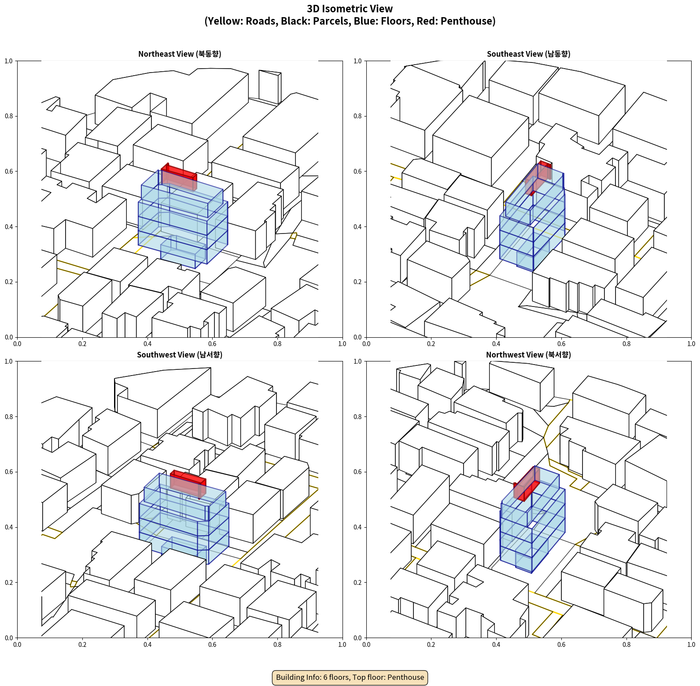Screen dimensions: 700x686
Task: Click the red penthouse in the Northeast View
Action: click(179, 176)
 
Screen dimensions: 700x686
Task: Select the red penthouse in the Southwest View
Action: click(188, 484)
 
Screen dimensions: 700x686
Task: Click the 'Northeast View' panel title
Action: click(180, 54)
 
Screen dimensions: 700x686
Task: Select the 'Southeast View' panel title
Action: click(528, 54)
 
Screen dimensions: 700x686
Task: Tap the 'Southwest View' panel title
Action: click(180, 354)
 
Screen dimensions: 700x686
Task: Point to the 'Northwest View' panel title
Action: click(528, 354)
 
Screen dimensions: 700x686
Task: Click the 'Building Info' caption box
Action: click(350, 677)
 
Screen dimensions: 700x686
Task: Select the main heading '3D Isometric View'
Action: click(350, 9)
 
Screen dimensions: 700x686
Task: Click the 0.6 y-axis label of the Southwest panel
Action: click(9, 472)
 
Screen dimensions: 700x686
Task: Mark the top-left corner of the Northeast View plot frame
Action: click(17, 61)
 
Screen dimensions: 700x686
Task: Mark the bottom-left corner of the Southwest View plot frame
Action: click(17, 638)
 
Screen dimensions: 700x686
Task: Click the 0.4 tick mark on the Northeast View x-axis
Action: click(147, 338)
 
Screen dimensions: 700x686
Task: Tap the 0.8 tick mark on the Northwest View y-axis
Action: click(365, 416)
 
